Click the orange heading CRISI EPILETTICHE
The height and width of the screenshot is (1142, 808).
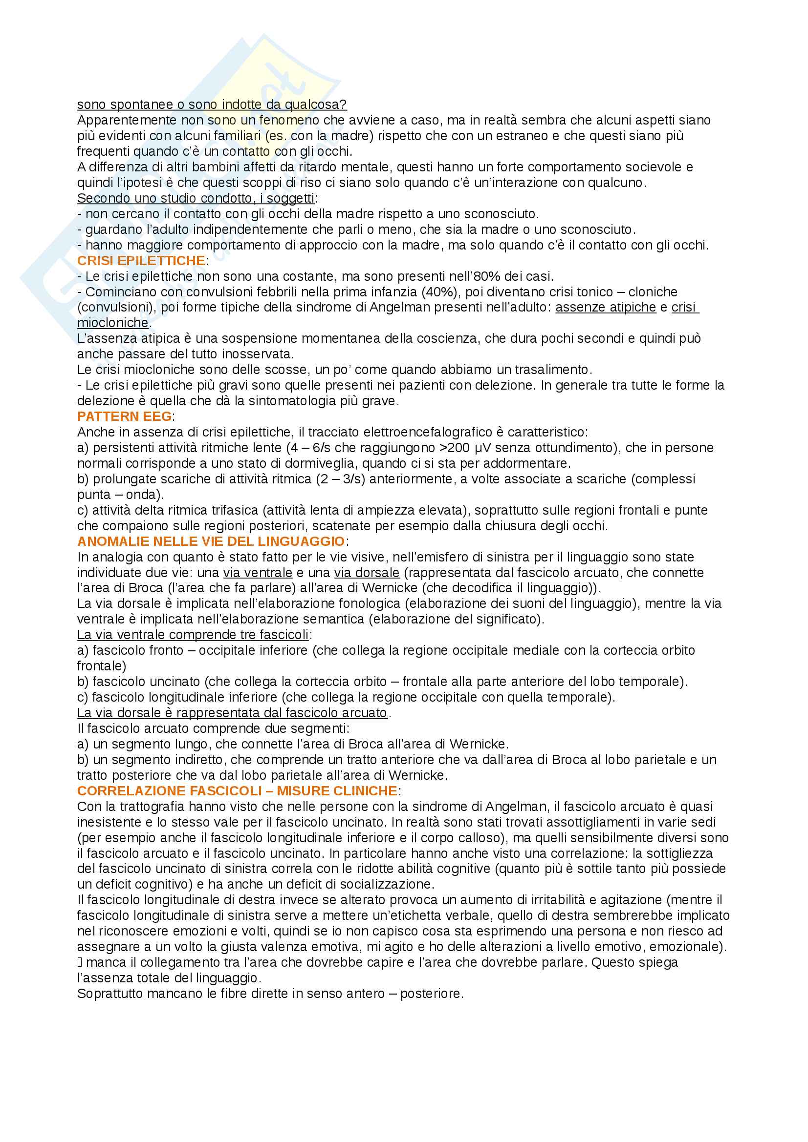point(141,261)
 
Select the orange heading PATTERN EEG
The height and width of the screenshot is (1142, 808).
point(125,416)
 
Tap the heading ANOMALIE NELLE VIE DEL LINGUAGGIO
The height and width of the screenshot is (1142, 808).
point(211,541)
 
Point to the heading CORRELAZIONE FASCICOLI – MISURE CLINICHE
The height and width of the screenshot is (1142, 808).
point(237,791)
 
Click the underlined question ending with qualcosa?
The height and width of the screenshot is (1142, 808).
point(212,104)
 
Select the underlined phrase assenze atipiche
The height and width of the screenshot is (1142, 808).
point(605,308)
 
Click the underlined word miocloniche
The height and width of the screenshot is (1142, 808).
point(113,323)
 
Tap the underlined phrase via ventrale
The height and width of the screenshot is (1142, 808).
point(258,573)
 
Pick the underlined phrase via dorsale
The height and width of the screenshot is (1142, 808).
point(367,573)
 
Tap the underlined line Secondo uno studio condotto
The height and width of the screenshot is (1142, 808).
point(196,198)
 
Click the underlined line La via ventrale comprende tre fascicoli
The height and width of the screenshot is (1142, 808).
point(193,635)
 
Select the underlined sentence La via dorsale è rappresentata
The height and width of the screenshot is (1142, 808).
point(232,713)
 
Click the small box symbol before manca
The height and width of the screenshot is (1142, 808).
point(80,962)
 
